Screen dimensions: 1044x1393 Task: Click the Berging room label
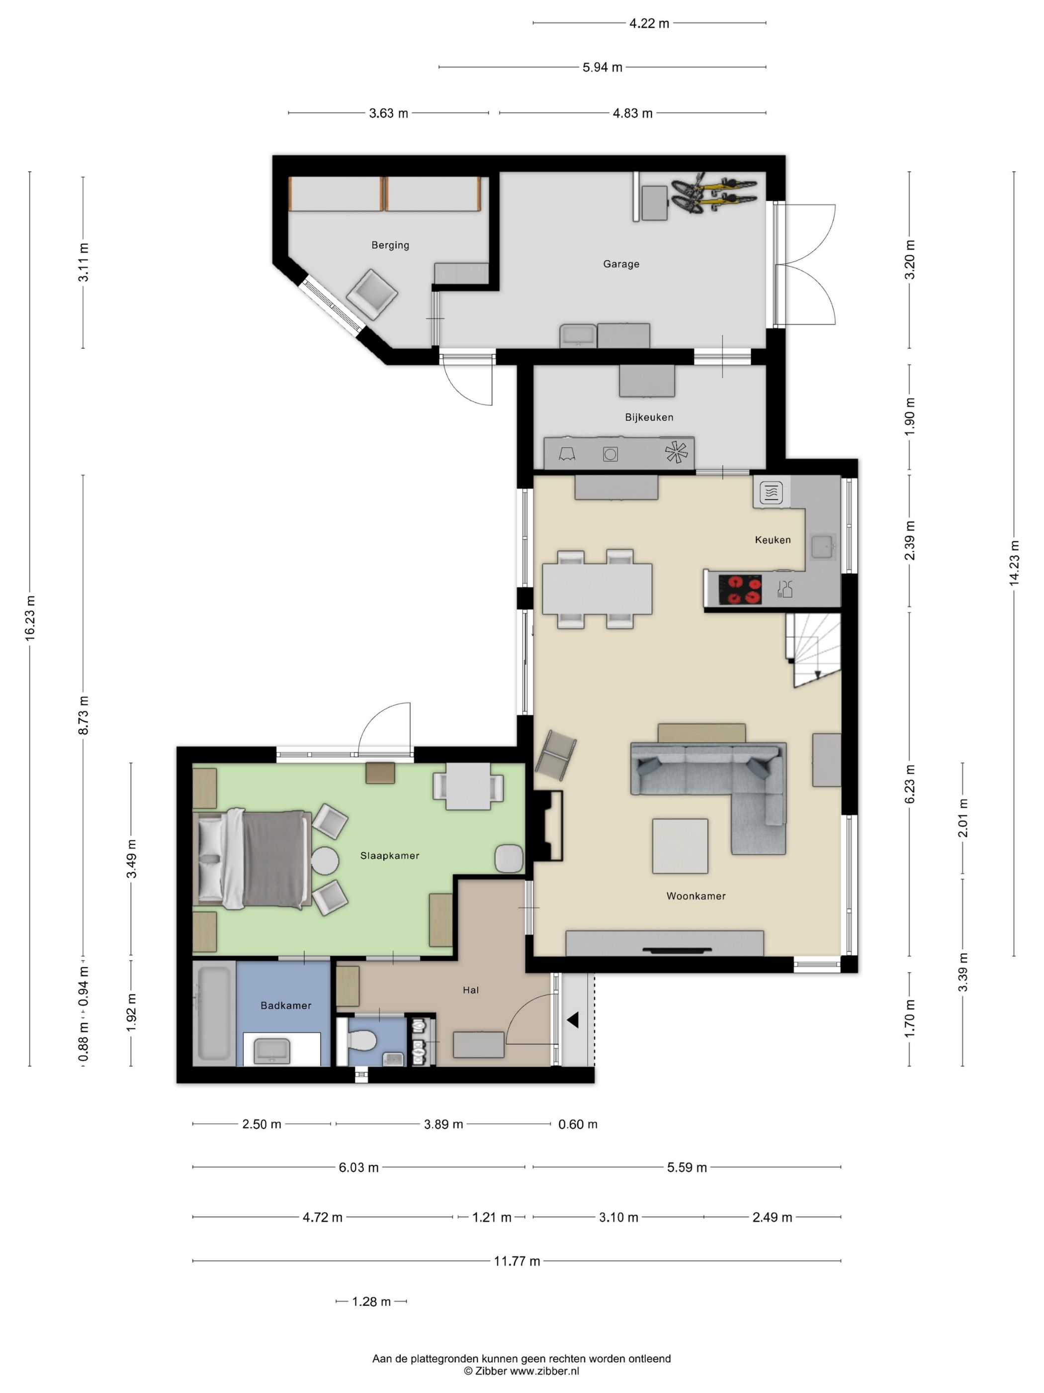pyautogui.click(x=390, y=245)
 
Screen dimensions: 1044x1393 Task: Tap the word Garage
pyautogui.click(x=621, y=264)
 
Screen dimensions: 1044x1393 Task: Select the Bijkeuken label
pyautogui.click(x=649, y=417)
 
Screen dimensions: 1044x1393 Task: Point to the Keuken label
pyautogui.click(x=773, y=540)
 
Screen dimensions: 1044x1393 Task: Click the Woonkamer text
pyautogui.click(x=696, y=895)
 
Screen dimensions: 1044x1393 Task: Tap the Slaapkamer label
pyautogui.click(x=390, y=855)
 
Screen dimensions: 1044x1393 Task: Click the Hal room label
pyautogui.click(x=471, y=990)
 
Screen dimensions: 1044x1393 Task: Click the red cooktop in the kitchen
pyautogui.click(x=740, y=590)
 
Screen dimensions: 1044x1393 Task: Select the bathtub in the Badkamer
pyautogui.click(x=214, y=1013)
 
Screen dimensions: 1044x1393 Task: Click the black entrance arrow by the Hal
pyautogui.click(x=573, y=1020)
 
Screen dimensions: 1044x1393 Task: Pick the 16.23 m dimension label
pyautogui.click(x=29, y=618)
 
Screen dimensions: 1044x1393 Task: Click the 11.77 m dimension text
pyautogui.click(x=517, y=1261)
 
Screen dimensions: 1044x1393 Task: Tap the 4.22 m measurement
pyautogui.click(x=649, y=23)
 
